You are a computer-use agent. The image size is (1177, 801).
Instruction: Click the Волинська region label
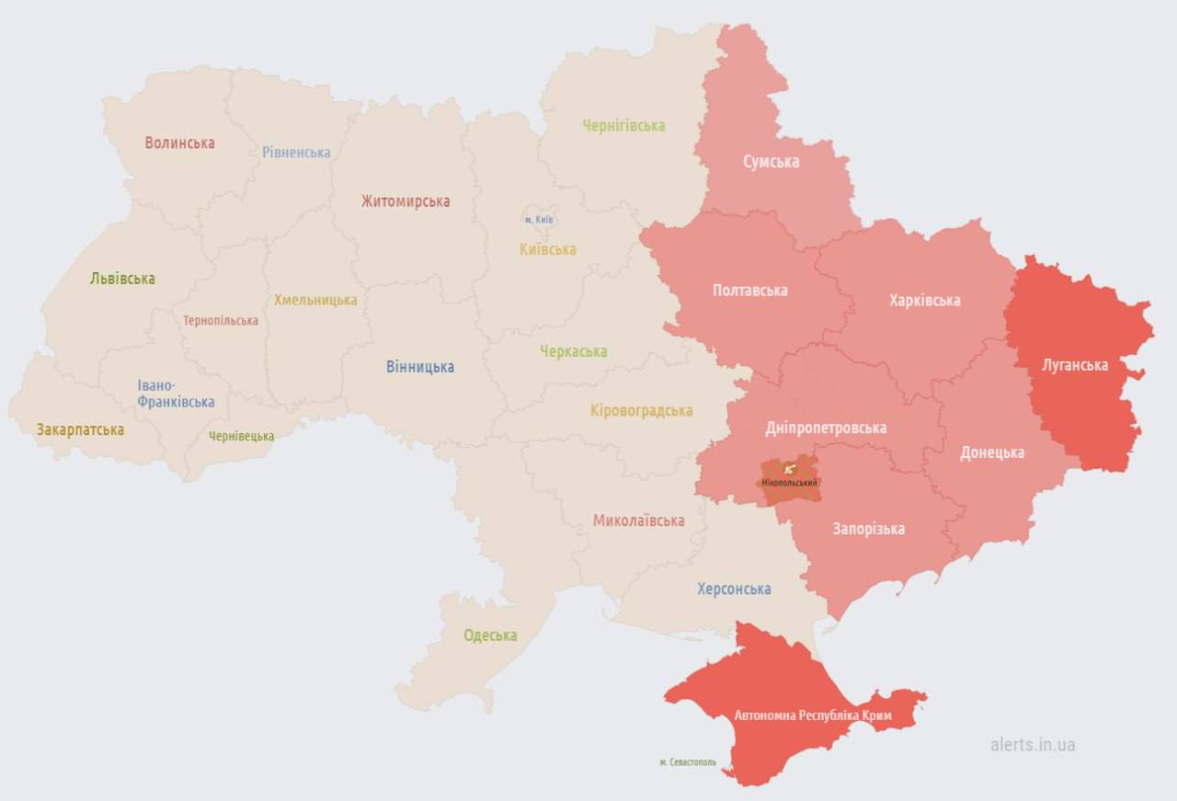[x=179, y=143]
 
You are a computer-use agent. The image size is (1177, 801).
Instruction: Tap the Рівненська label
[x=296, y=152]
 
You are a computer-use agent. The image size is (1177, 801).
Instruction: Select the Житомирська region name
[x=406, y=200]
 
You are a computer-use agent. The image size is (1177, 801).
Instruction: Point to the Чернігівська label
[x=623, y=125]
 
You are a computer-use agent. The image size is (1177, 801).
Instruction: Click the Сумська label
[x=771, y=162]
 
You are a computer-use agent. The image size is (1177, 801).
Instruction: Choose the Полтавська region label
[x=749, y=290]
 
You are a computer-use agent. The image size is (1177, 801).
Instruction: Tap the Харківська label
[x=924, y=300]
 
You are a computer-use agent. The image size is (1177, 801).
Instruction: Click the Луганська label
[x=1075, y=365]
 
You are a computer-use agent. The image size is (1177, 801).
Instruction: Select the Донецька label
[x=992, y=452]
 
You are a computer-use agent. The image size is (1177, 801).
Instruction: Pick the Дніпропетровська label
[x=826, y=428]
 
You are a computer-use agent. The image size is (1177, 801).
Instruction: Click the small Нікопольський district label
[x=790, y=482]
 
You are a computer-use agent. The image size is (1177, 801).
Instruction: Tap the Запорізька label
[x=868, y=529]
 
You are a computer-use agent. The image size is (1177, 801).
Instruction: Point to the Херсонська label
[x=734, y=589]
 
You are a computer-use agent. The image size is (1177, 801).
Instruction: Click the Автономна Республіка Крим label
[x=813, y=715]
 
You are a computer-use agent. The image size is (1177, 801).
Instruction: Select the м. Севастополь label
[x=688, y=762]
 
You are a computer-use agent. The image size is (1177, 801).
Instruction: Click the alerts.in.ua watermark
[x=1033, y=744]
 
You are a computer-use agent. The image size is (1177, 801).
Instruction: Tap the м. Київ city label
[x=540, y=220]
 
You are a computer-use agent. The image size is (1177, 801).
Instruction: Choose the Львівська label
[x=122, y=278]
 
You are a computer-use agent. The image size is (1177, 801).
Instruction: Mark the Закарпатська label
[x=80, y=429]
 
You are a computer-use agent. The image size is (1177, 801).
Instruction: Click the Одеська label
[x=490, y=635]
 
